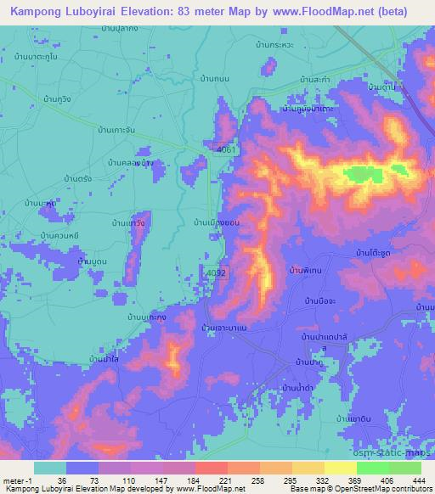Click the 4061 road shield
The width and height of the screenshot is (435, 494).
coord(225,149)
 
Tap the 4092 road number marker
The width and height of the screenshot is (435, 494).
coord(218,273)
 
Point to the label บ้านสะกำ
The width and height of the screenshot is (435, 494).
coord(315,79)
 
